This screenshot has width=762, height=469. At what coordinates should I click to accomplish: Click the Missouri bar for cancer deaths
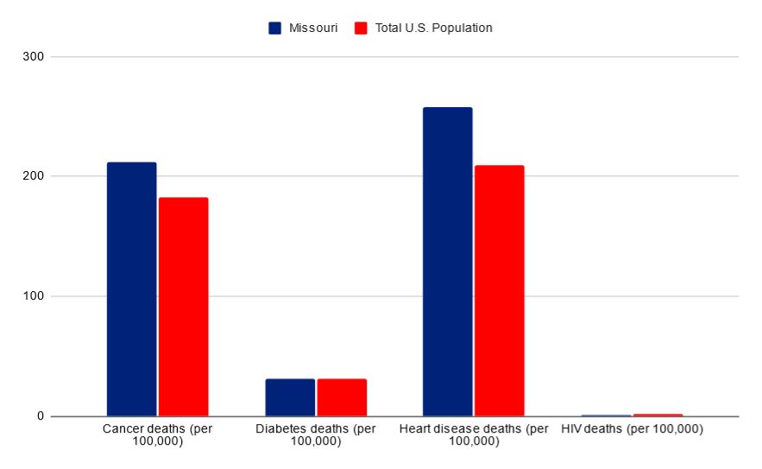coord(131,289)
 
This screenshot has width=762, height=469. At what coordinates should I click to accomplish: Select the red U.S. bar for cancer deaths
coord(183,307)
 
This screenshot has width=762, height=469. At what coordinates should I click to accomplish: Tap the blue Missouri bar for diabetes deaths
coord(290,397)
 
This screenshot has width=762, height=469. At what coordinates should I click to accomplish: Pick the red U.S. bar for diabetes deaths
coord(342,397)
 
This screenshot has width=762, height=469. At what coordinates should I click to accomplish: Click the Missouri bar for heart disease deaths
coord(447,262)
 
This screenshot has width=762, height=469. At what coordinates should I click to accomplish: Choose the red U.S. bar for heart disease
coord(499,290)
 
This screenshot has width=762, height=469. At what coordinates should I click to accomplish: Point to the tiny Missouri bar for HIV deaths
coord(606,415)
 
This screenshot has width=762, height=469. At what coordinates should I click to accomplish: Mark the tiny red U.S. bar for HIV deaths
coord(658,415)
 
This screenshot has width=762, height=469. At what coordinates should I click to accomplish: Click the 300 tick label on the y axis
coord(35,57)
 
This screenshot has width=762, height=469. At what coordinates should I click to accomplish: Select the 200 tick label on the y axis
coord(35,176)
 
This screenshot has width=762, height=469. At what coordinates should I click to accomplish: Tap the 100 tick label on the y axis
coord(35,296)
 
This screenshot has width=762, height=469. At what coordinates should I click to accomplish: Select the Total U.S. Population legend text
coord(433,28)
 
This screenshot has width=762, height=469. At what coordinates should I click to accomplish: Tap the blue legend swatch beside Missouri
coord(275,28)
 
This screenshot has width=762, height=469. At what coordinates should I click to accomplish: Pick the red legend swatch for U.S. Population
coord(361,28)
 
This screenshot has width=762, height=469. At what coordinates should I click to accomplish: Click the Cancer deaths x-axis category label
coord(157,435)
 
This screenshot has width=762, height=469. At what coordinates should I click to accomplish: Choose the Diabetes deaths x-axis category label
coord(316,435)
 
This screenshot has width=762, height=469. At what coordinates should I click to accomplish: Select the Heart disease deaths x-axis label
coord(474,435)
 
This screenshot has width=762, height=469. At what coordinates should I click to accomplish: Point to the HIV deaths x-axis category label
coord(632,429)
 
